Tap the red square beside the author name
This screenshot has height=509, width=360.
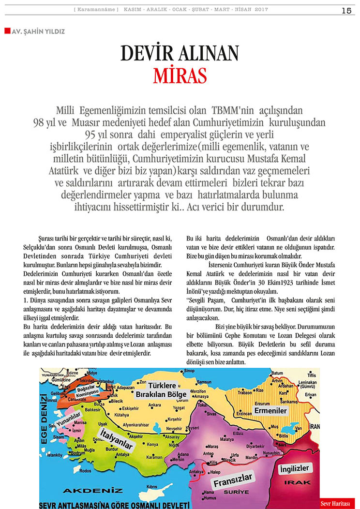[x=7, y=31]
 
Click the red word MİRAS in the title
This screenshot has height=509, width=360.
[x=180, y=76]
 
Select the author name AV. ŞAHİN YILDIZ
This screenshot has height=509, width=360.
[x=38, y=31]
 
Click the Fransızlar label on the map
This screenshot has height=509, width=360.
[x=234, y=480]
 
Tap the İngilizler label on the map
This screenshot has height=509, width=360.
[x=294, y=469]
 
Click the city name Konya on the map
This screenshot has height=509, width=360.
[x=153, y=444]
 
